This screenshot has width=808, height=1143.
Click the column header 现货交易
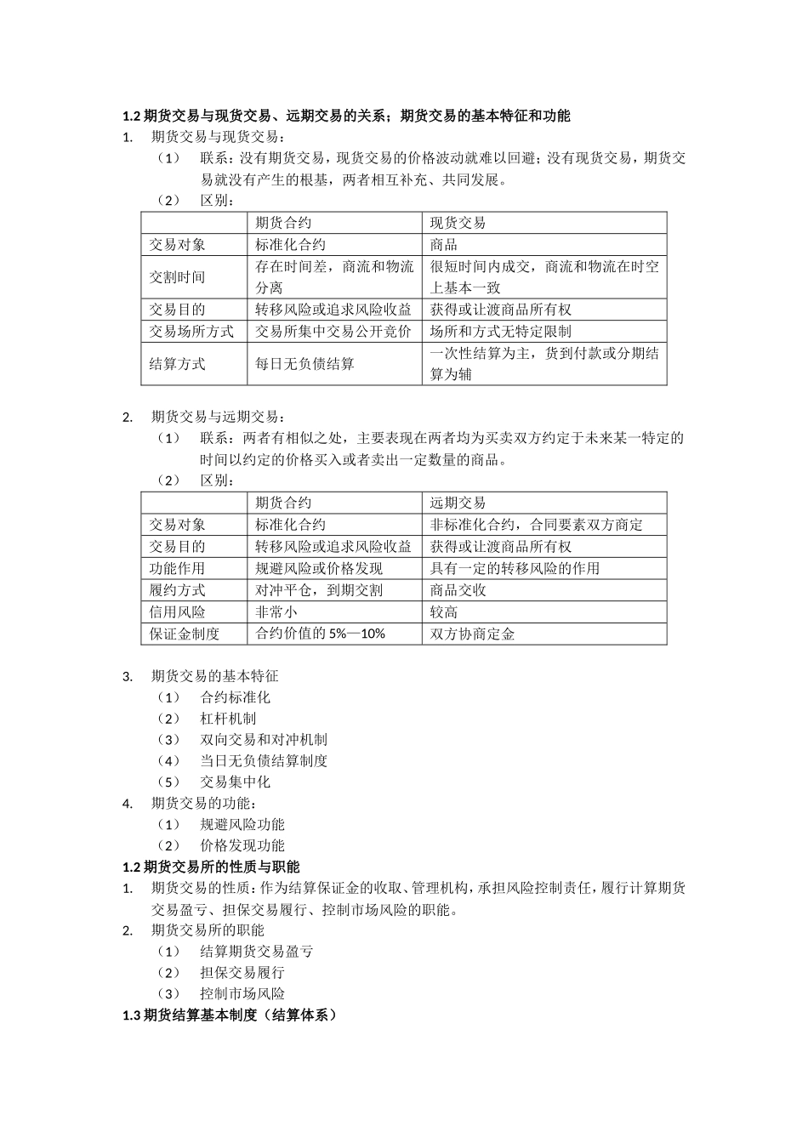tap(458, 223)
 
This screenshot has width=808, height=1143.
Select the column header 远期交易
tap(458, 503)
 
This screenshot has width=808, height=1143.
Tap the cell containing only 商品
tap(444, 245)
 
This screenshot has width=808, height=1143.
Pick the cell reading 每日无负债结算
tap(305, 364)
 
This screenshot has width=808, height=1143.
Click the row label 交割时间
tap(178, 277)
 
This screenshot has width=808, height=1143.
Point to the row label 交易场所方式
tap(192, 332)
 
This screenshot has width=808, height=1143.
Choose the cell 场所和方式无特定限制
tap(501, 332)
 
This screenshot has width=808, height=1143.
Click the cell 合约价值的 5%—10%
tap(321, 634)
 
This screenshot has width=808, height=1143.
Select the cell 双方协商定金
tap(473, 634)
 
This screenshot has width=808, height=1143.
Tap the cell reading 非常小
tap(276, 612)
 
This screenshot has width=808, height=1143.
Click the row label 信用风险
tap(178, 612)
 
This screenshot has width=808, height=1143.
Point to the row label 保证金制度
tap(185, 634)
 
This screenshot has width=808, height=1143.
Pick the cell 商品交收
tap(458, 590)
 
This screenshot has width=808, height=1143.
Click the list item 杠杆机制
tap(228, 719)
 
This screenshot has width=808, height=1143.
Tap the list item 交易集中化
tap(235, 782)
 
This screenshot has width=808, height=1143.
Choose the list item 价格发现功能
tap(242, 845)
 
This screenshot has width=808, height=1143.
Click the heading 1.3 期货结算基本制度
tap(230, 1015)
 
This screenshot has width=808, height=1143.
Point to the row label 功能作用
tap(178, 568)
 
